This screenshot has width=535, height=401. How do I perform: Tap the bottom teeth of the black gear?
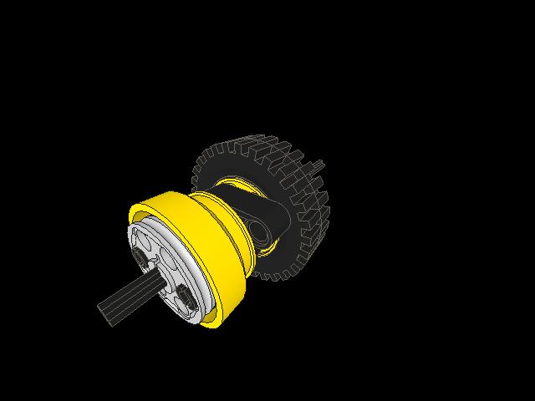tap(276, 272)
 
